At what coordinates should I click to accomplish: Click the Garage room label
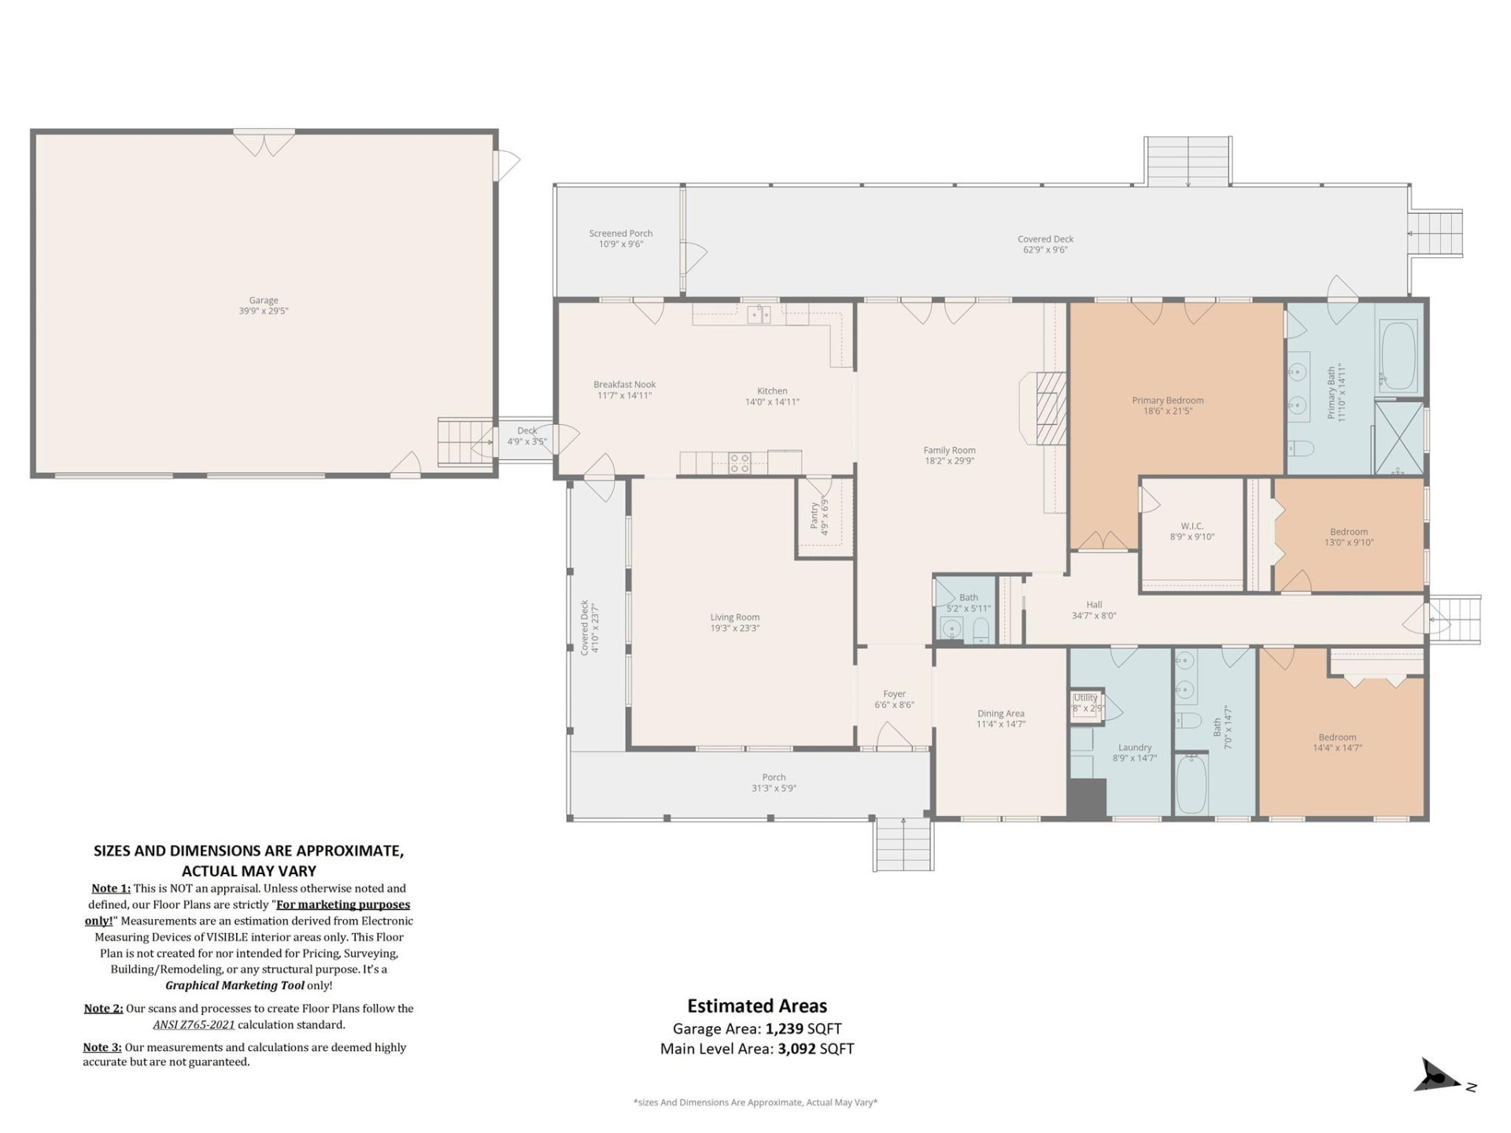tap(264, 301)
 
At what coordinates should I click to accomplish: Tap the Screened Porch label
tap(621, 234)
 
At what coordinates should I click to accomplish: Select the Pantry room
tap(824, 518)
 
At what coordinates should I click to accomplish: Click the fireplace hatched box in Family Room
tap(1050, 409)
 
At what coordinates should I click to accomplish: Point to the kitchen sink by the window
tap(759, 315)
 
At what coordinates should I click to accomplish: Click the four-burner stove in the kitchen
tap(739, 463)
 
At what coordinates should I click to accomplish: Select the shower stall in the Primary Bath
tap(1398, 437)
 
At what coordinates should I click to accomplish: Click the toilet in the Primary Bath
tap(1301, 448)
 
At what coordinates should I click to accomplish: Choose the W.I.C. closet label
tap(1192, 526)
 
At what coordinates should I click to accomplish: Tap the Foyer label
tap(894, 694)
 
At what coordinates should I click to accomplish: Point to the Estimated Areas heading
tap(757, 1006)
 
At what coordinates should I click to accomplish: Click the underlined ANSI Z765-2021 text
tap(194, 1024)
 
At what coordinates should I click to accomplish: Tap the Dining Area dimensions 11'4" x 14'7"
tap(1001, 725)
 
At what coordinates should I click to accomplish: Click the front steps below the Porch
tap(903, 844)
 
